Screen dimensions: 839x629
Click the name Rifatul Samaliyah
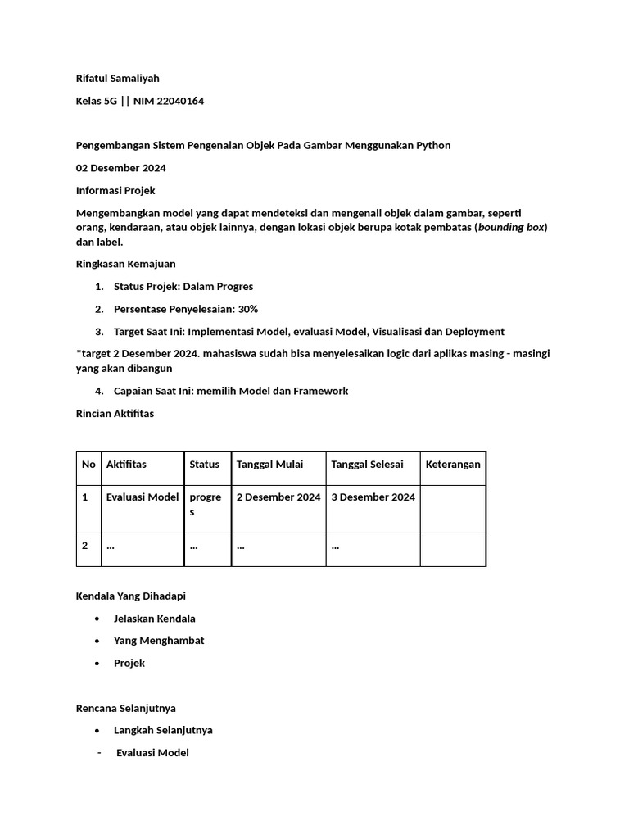click(117, 79)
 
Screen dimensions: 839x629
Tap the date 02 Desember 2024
click(120, 168)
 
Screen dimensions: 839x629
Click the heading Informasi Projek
click(115, 191)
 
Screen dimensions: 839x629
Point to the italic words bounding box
click(511, 227)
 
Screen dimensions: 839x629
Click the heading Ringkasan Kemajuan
click(125, 264)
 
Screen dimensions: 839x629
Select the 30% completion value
click(248, 309)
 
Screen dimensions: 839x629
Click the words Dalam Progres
click(218, 287)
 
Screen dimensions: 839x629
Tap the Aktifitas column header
click(126, 465)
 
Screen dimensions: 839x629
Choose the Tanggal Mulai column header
click(269, 465)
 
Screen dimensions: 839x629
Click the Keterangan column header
click(453, 465)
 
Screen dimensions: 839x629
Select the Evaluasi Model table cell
click(143, 497)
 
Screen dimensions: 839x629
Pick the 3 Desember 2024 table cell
click(373, 497)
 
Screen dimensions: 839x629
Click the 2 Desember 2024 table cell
click(278, 497)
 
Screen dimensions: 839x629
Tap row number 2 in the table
click(85, 546)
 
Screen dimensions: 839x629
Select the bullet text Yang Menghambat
click(159, 641)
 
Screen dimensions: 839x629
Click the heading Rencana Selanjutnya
click(125, 708)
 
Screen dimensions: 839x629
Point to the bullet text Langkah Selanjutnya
click(163, 730)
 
